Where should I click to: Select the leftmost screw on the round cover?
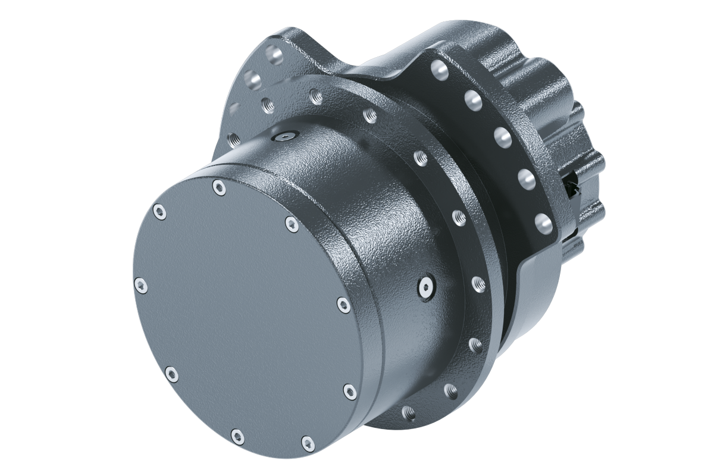pyautogui.click(x=140, y=286)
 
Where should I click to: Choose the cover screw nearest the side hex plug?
pyautogui.click(x=343, y=305)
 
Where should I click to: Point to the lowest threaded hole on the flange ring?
pyautogui.click(x=408, y=411)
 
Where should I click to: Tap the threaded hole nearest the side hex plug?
pyautogui.click(x=477, y=284)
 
